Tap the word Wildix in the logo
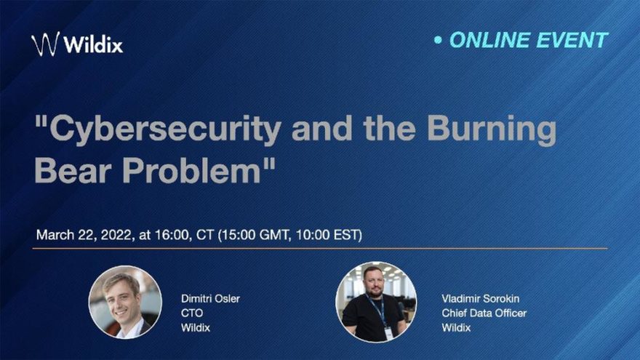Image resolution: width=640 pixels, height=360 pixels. click(x=94, y=44)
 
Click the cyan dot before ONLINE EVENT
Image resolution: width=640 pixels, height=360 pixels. click(x=438, y=40)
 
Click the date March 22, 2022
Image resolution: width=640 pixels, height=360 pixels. click(x=84, y=235)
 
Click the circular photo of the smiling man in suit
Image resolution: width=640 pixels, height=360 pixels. click(x=125, y=302)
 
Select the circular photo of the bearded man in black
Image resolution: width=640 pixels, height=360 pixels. click(x=376, y=302)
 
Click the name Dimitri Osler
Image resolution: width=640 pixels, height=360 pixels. click(x=210, y=298)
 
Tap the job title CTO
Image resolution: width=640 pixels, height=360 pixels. click(x=192, y=313)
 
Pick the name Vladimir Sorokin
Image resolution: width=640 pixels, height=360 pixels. click(x=481, y=298)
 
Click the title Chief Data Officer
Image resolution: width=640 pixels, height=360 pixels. click(x=484, y=313)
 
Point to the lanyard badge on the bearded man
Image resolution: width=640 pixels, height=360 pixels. click(x=388, y=332)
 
